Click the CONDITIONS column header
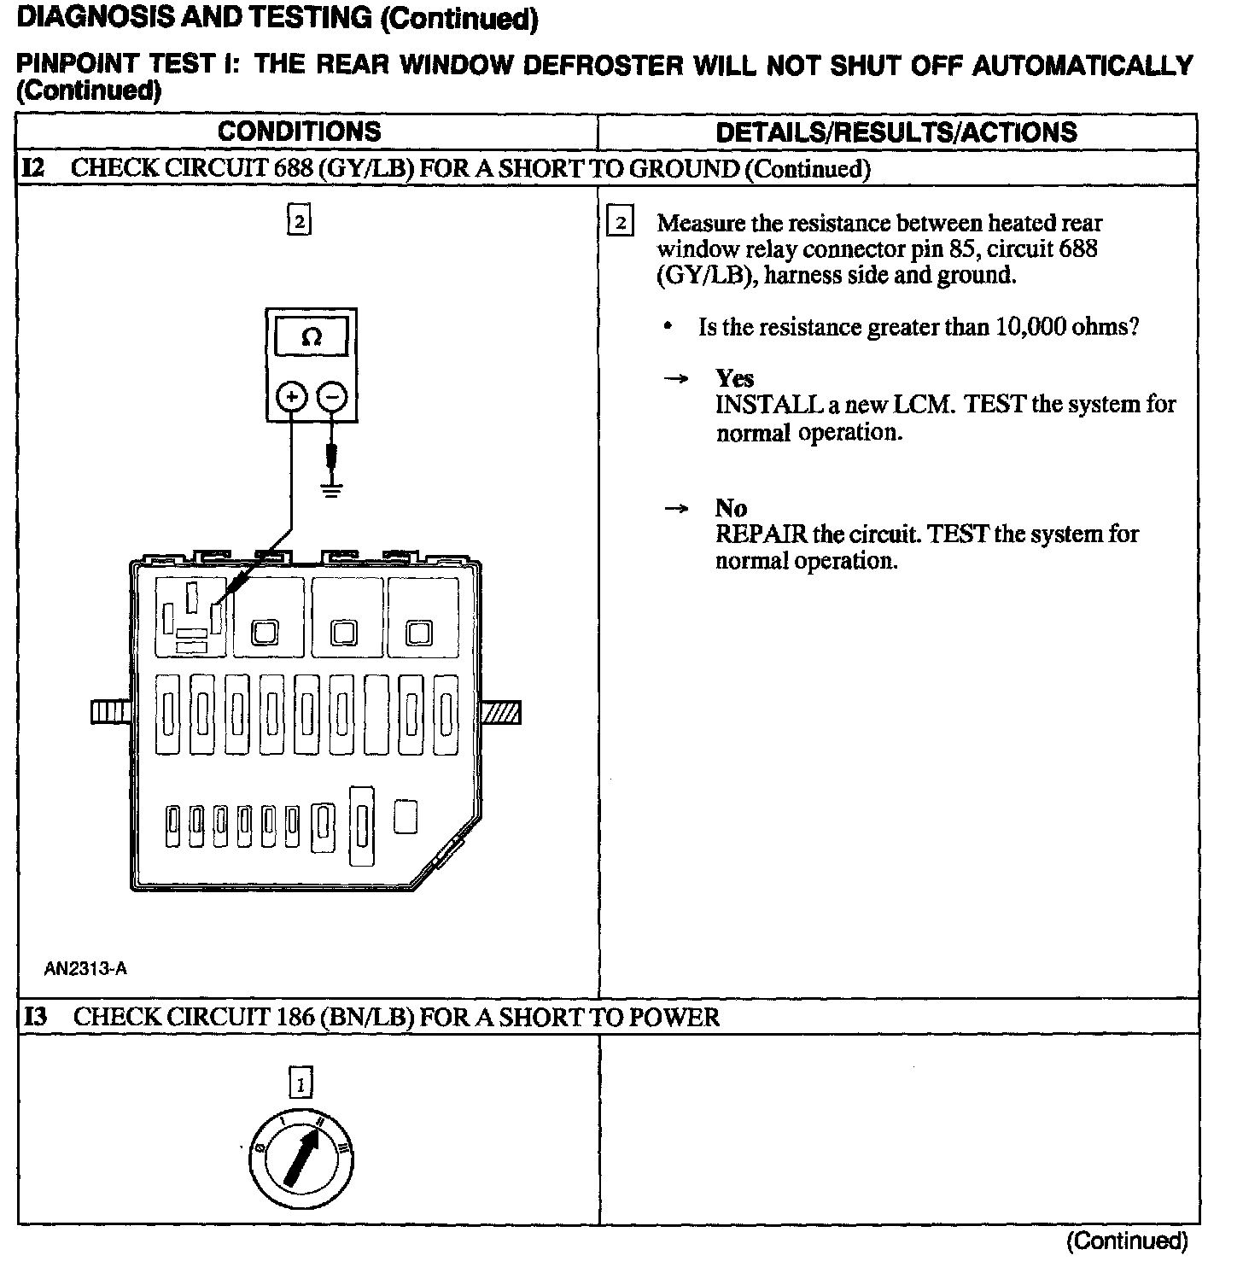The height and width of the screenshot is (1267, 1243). [x=299, y=131]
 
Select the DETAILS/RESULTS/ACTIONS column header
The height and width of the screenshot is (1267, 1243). [x=896, y=132]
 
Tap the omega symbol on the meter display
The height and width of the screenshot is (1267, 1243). [x=312, y=338]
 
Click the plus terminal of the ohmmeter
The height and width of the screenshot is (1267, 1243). [x=292, y=397]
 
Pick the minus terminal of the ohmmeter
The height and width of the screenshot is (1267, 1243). [x=332, y=397]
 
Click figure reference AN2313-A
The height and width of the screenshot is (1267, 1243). [x=86, y=968]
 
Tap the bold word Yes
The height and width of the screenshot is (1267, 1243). [x=734, y=378]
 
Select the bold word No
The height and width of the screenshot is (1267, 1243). [x=731, y=508]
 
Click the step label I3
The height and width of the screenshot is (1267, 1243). [x=35, y=1017]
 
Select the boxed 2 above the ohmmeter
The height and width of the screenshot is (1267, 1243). [x=299, y=221]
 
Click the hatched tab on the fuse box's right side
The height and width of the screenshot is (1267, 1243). [x=501, y=712]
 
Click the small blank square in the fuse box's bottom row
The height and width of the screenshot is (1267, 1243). [x=406, y=816]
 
